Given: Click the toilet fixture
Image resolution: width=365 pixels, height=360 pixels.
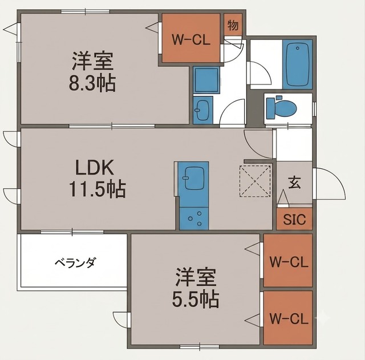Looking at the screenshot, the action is coord(281,108).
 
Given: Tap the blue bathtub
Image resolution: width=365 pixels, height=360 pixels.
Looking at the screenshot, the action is coord(298,64).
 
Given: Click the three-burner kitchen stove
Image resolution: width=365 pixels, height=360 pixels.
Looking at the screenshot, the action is coord(194,219).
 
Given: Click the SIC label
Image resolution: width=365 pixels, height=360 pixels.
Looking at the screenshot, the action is coord(294,219).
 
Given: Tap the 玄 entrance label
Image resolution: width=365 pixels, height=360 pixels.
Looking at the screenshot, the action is coord(295,182).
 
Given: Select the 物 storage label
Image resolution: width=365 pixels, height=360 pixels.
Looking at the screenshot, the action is coord(233,25).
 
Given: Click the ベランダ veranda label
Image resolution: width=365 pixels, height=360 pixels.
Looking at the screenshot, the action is coord(75,262).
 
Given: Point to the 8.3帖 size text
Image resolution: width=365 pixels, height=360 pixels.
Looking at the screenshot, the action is coord(92,83).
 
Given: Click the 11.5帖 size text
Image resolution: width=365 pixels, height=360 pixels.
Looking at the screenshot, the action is coord(98,188).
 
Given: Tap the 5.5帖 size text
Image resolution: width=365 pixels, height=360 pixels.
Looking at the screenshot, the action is coord(196,299).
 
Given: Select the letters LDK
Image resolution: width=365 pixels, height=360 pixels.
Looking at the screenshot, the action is coord(95,167).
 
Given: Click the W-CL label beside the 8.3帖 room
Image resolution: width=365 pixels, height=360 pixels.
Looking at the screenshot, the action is coord(191,39).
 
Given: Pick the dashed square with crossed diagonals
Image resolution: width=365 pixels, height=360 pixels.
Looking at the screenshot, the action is coord(255,181).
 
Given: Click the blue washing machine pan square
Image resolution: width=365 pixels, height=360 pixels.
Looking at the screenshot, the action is coord(206,80).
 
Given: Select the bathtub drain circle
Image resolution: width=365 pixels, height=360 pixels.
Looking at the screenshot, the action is coord(298,48).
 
